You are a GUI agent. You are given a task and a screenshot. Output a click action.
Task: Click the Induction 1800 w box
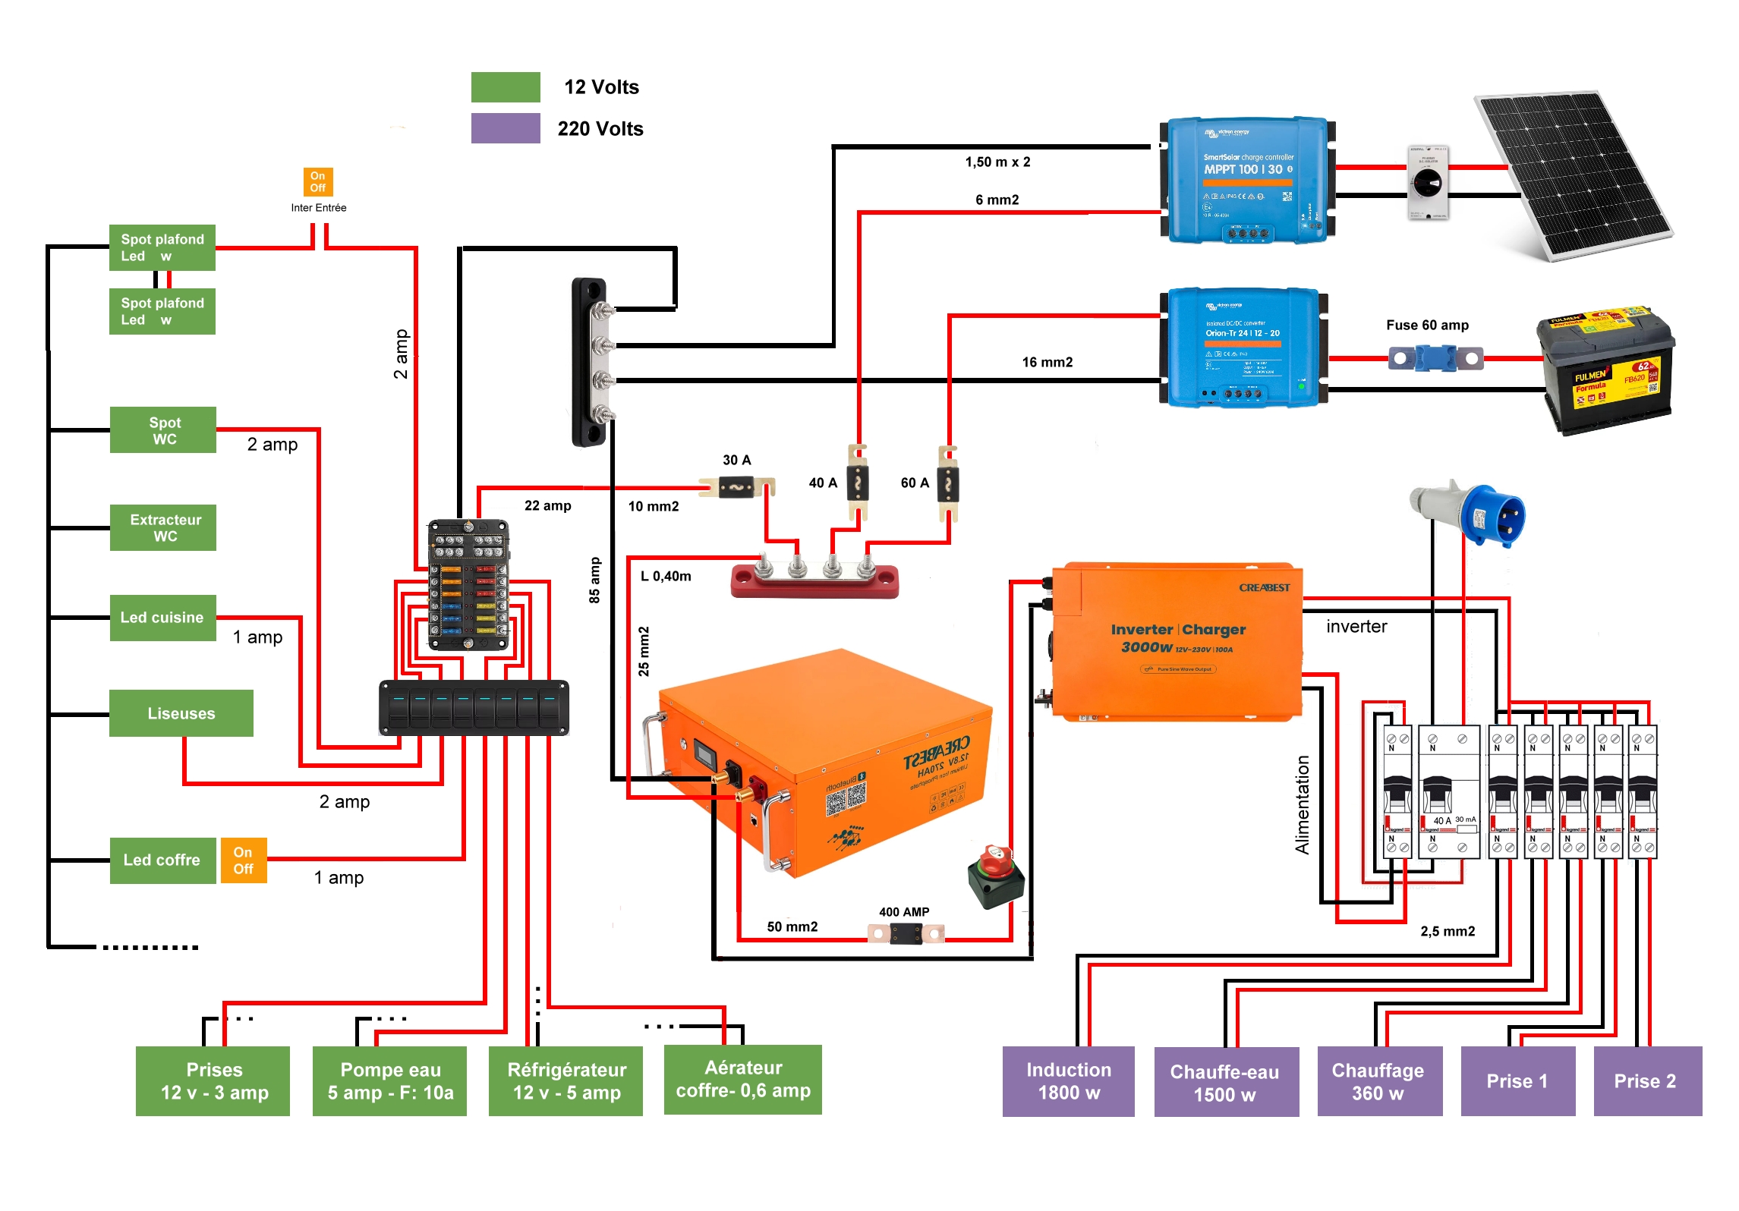click(1068, 1080)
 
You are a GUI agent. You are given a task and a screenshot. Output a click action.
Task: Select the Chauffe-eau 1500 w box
click(1225, 1082)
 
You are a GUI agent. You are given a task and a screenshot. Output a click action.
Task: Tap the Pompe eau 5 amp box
click(389, 1080)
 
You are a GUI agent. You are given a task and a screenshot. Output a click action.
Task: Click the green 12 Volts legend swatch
click(506, 87)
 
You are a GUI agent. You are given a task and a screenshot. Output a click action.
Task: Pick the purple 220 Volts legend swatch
click(506, 128)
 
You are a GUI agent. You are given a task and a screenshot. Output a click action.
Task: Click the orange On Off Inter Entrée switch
click(317, 182)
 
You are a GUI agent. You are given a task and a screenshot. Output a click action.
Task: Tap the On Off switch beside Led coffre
click(244, 860)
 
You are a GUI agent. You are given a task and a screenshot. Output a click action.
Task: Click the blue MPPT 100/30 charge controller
click(1246, 181)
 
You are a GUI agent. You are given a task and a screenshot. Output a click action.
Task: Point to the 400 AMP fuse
click(906, 933)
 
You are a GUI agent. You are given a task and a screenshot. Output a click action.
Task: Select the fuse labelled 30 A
click(736, 486)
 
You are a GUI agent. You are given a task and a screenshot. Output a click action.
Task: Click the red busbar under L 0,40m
click(814, 581)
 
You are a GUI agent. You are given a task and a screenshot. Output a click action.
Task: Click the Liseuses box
click(181, 713)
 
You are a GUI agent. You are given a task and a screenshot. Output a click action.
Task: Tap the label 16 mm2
click(1047, 362)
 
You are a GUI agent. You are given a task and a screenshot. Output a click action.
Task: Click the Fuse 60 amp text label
click(1426, 325)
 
